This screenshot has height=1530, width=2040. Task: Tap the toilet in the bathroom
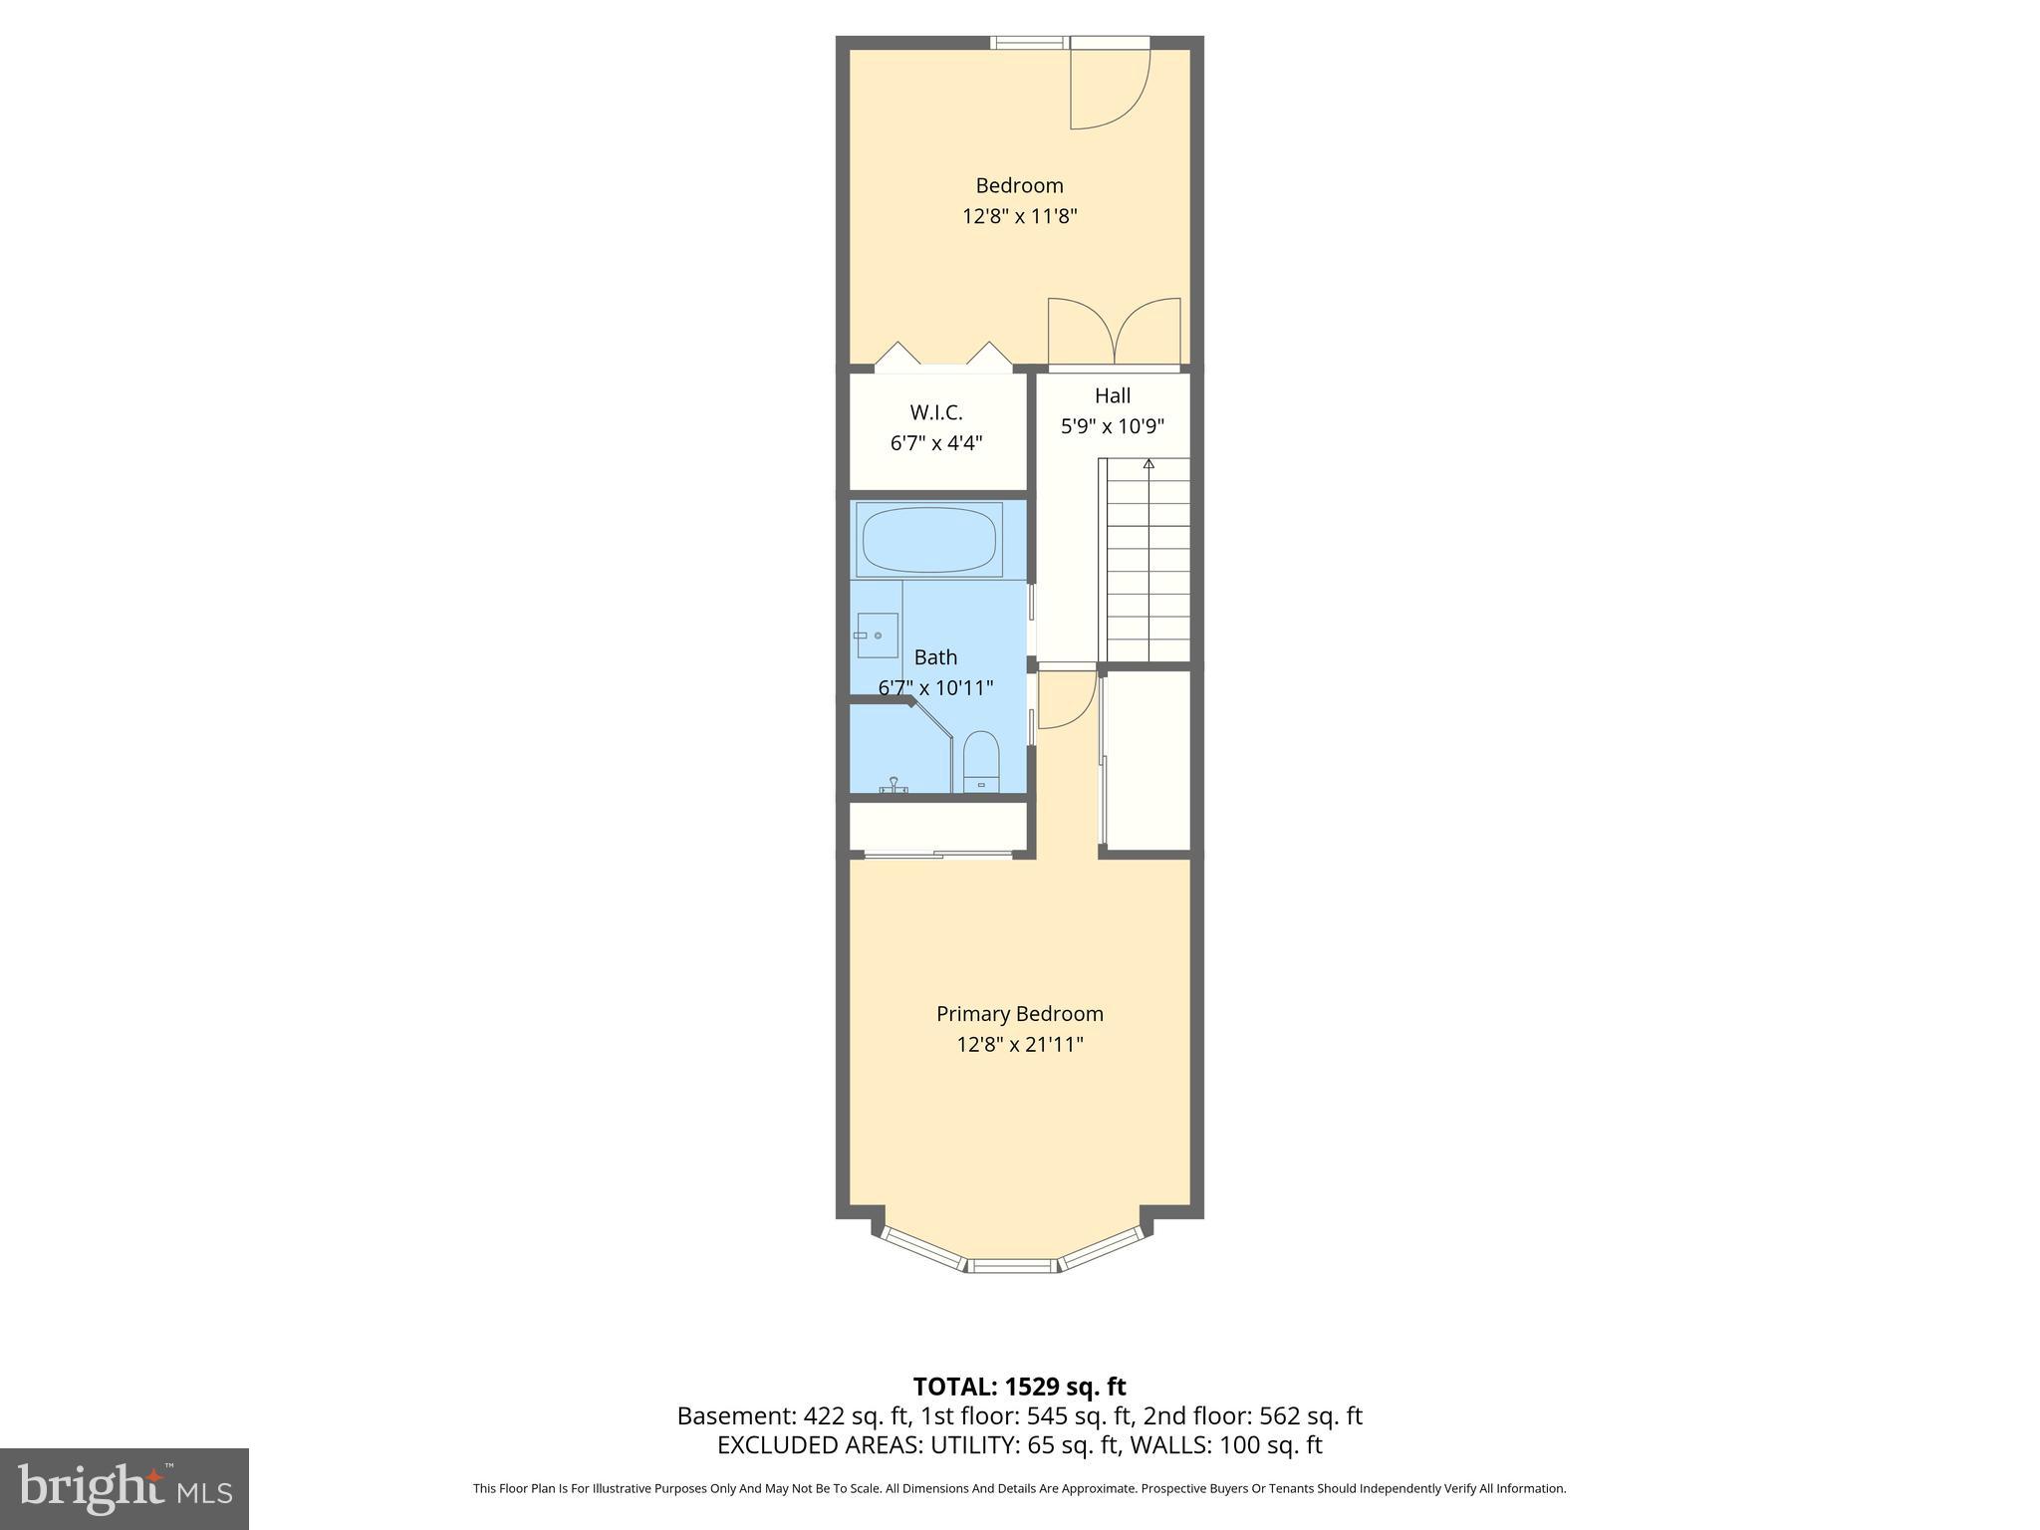(981, 761)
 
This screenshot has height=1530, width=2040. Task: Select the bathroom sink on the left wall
(877, 635)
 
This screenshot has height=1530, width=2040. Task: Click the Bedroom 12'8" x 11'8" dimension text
(1019, 216)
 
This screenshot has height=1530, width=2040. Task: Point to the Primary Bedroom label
(1019, 1014)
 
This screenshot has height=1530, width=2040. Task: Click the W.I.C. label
(935, 412)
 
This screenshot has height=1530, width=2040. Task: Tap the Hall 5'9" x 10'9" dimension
(1112, 427)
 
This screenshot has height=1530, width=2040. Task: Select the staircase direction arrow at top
(1148, 464)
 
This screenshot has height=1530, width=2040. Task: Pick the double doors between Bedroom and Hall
(1114, 333)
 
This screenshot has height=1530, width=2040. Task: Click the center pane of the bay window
(1012, 1265)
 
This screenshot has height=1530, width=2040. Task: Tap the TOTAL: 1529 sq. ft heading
(1019, 1387)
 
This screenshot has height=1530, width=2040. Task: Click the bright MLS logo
(124, 1489)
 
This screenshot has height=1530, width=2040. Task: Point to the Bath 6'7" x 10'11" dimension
(935, 688)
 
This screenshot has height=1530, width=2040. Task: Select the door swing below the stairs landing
(1064, 699)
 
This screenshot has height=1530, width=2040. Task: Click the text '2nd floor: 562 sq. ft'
(1252, 1416)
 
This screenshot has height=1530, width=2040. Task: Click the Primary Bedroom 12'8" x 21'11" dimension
(1019, 1045)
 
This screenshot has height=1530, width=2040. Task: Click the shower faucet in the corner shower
(893, 786)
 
